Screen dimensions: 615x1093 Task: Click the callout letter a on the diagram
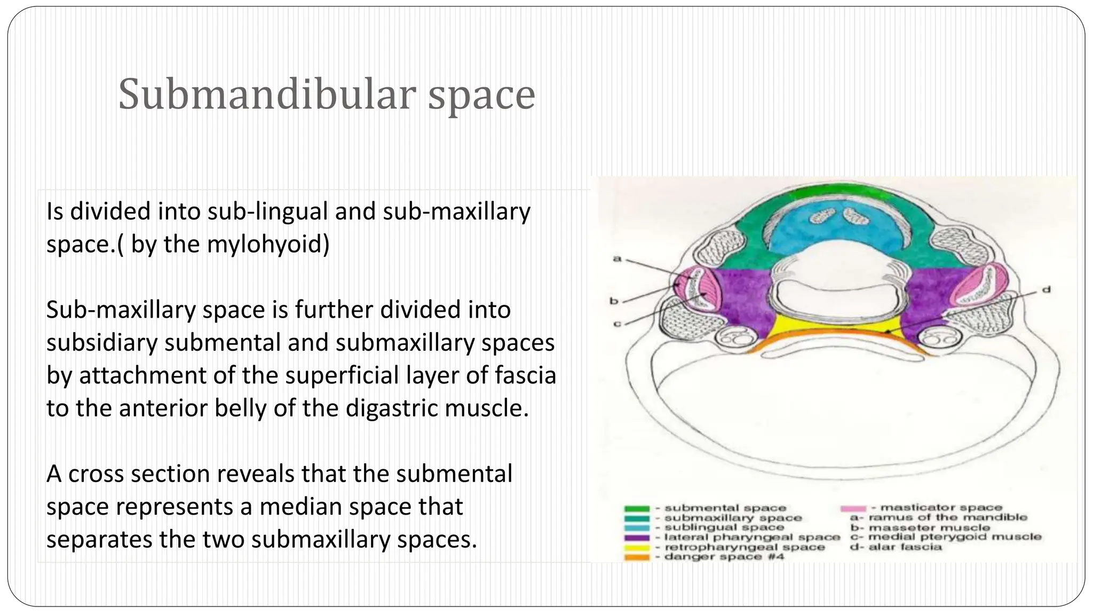point(617,259)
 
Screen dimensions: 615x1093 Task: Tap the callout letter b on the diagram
point(614,301)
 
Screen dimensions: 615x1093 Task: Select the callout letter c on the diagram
point(617,324)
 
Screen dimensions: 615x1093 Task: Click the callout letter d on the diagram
point(1047,290)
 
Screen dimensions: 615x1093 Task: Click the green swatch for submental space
point(637,509)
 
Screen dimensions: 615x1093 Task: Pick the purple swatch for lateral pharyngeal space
point(637,538)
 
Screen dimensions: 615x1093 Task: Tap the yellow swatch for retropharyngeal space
point(637,548)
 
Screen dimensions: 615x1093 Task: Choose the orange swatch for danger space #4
point(637,557)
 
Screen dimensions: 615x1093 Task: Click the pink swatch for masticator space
point(853,508)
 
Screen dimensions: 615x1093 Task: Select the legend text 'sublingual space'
point(724,527)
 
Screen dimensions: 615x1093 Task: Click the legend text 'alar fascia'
point(905,547)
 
